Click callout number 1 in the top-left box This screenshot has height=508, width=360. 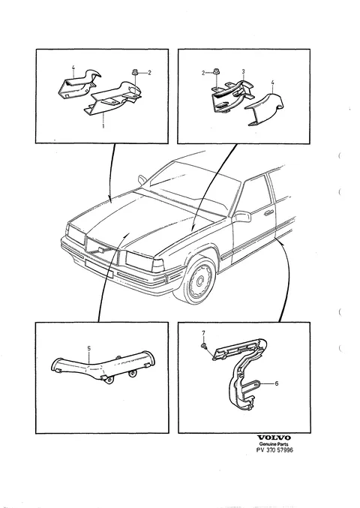pos(103,125)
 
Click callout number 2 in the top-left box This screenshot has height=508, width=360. pos(149,73)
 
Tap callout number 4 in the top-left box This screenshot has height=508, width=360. pos(73,68)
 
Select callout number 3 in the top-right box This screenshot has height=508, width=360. pos(243,71)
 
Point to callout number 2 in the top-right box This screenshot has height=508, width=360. pos(203,73)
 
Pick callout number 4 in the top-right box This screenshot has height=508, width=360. pos(272,83)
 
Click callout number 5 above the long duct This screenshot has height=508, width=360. pos(89,348)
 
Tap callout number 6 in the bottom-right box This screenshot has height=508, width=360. pos(277,383)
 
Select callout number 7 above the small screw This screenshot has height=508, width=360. pos(204,333)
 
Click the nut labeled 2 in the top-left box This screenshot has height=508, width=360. pos(135,73)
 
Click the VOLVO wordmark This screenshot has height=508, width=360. pos(274,438)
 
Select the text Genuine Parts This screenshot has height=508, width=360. pos(274,444)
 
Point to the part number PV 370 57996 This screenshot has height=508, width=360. pos(274,449)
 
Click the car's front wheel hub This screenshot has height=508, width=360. pos(199,280)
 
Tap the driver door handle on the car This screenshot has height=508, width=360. pos(268,213)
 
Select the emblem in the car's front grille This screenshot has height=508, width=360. pos(100,250)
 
